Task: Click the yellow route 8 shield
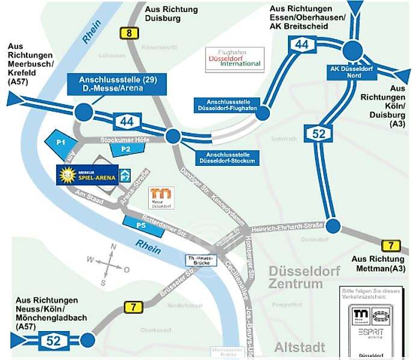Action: (x=128, y=34)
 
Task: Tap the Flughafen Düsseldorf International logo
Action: (x=233, y=58)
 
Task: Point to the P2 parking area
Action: (x=126, y=148)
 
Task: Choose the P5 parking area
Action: (x=143, y=224)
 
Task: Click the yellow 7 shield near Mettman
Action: (x=391, y=246)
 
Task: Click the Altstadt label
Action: (x=299, y=347)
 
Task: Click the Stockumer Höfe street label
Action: (x=125, y=139)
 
